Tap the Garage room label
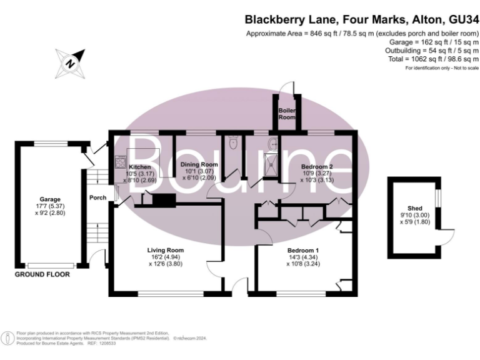click(50, 199)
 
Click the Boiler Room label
click(287, 113)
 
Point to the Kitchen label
click(139, 167)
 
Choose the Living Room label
click(166, 250)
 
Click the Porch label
click(98, 197)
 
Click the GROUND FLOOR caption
click(42, 274)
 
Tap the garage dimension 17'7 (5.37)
click(50, 207)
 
